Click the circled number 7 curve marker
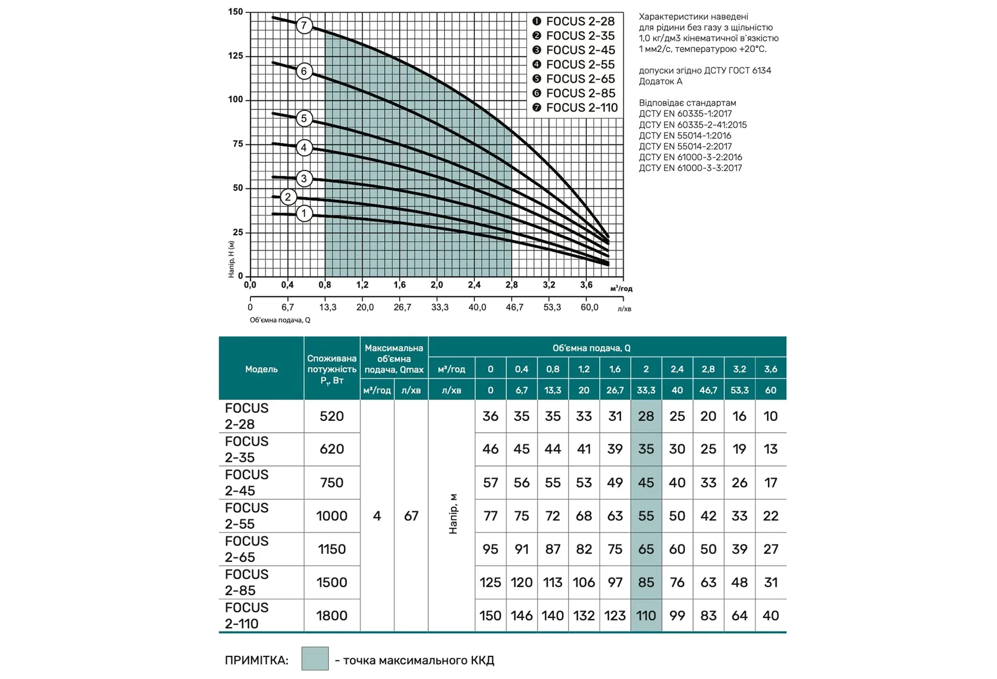304,25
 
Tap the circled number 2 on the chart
288,197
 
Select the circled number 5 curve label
304,119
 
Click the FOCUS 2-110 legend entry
582,107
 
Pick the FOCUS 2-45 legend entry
580,50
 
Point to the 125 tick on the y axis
236,56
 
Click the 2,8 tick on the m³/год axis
511,285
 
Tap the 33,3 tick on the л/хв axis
440,307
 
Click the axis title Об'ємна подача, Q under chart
280,320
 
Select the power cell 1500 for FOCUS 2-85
332,582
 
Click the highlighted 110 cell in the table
646,615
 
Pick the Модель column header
261,369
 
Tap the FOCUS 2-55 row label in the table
247,516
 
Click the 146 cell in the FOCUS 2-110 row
522,615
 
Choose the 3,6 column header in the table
770,369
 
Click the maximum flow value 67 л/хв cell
411,516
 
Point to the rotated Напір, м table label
453,514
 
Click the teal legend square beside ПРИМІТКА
315,659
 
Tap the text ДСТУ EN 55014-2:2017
685,147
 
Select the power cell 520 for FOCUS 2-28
332,416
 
